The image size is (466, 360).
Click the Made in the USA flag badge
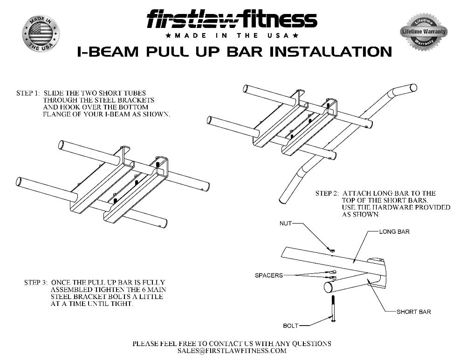click(41, 34)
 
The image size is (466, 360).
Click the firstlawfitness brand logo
click(232, 20)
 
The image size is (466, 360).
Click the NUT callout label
click(285, 224)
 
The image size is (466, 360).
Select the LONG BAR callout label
click(394, 231)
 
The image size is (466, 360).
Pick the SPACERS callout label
click(268, 275)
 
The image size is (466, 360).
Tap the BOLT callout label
click(290, 326)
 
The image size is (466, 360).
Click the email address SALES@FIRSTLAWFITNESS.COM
click(232, 351)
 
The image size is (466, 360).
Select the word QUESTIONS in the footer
click(313, 344)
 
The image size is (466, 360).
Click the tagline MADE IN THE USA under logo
click(232, 36)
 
